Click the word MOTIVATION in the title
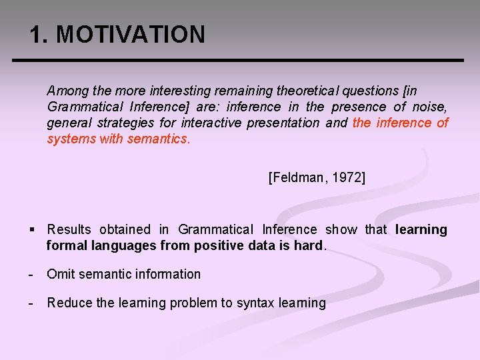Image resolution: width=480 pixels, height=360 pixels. [x=131, y=35]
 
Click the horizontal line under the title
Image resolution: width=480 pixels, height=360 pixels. [x=238, y=61]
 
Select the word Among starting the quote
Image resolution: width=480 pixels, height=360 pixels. [x=66, y=90]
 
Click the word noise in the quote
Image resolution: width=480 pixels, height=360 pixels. [x=430, y=107]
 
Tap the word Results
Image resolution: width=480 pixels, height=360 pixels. [x=69, y=229]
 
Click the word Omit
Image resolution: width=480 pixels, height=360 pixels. [x=59, y=274]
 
